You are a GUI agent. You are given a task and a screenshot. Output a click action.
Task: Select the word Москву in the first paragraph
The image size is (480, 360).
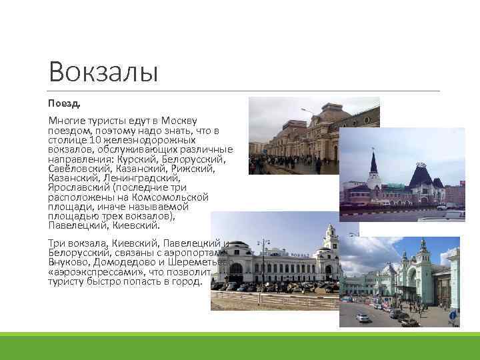pos(179,120)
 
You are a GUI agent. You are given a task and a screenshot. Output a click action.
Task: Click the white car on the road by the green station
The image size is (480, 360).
pos(363,318)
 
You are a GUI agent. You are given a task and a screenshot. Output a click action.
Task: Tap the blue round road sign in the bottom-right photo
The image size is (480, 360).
pos(452,315)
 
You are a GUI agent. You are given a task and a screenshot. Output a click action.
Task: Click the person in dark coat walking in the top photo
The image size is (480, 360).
pos(318,165)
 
